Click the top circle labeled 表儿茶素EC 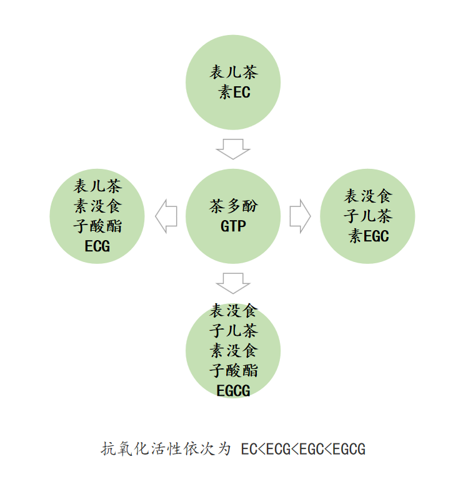tap(233, 83)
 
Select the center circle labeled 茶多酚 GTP tap(233, 216)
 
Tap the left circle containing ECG tap(97, 216)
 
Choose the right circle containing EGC tap(368, 216)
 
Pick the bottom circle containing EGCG tap(233, 350)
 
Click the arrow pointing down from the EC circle tap(233, 149)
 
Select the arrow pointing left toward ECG tap(166, 216)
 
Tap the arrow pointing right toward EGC tap(300, 216)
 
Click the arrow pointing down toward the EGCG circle tap(233, 283)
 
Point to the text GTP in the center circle tap(233, 226)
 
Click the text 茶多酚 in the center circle tap(233, 206)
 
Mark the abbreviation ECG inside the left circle tap(97, 246)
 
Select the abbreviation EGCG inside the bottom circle tap(233, 391)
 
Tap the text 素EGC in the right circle tap(369, 236)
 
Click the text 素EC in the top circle tap(234, 93)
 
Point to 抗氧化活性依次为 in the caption tap(166, 449)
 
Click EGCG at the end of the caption tap(349, 449)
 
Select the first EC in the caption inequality tap(249, 449)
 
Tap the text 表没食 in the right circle tap(369, 196)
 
